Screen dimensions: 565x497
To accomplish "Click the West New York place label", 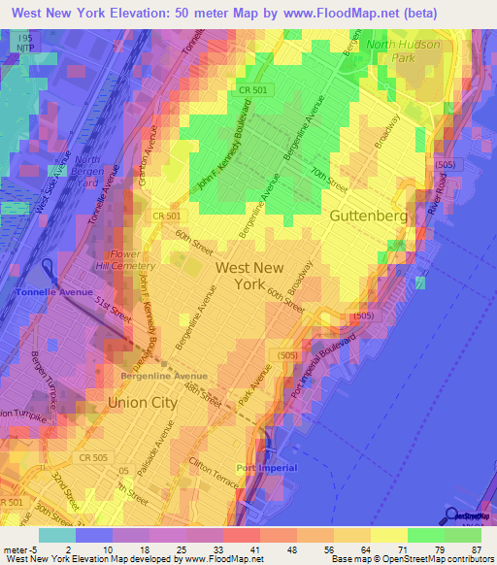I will point(249,276).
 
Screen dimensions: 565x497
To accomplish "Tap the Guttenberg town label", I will point(368,216).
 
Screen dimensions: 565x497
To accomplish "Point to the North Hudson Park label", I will point(402,50).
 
